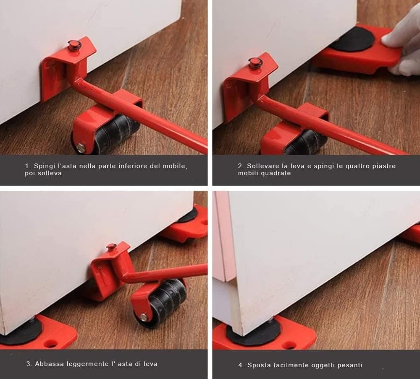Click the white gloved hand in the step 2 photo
point(402,40)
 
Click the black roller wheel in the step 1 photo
point(113,134)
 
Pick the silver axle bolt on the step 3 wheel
point(144,317)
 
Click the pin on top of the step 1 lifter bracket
point(73,45)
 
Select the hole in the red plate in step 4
point(289,345)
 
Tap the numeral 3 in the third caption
point(28,364)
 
